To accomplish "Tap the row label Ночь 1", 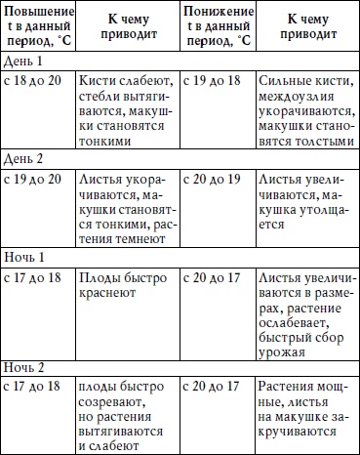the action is point(23,251).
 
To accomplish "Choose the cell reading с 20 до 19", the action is point(215,177).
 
